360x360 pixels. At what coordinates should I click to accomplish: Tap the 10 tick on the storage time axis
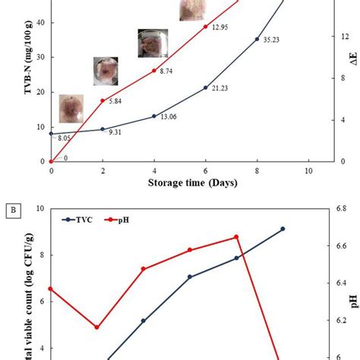[309, 172]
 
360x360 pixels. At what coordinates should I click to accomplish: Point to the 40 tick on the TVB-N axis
[40, 23]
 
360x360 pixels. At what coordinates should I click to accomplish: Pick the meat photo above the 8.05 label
[71, 109]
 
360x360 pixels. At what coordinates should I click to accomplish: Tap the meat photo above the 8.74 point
[152, 43]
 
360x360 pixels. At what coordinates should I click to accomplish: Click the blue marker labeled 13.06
[154, 116]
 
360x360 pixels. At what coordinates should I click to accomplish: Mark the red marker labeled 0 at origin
[51, 161]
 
